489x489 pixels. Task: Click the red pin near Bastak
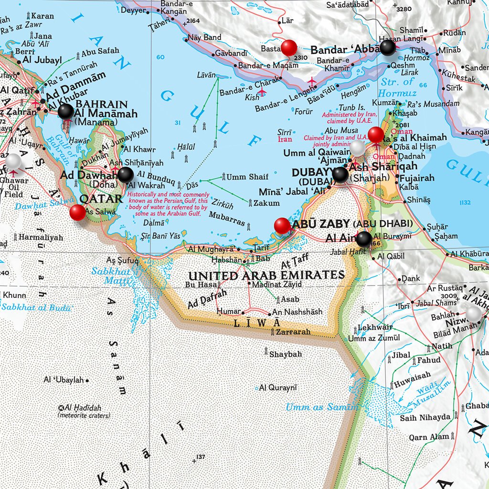288,47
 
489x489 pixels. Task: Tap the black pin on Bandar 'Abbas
388,47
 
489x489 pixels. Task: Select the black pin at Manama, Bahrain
66,111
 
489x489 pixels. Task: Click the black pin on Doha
126,175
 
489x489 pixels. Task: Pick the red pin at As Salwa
77,213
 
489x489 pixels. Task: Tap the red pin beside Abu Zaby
282,225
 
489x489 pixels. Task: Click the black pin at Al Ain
364,239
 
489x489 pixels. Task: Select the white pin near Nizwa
474,314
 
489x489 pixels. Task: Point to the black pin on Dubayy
340,175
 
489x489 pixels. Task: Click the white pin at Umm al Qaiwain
358,147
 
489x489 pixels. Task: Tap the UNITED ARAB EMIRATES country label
266,276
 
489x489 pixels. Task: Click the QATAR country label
100,199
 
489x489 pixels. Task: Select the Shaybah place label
285,354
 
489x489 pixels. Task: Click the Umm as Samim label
321,407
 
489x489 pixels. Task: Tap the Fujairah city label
417,178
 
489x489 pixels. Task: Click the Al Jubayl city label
42,60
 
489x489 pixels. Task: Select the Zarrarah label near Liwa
293,331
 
